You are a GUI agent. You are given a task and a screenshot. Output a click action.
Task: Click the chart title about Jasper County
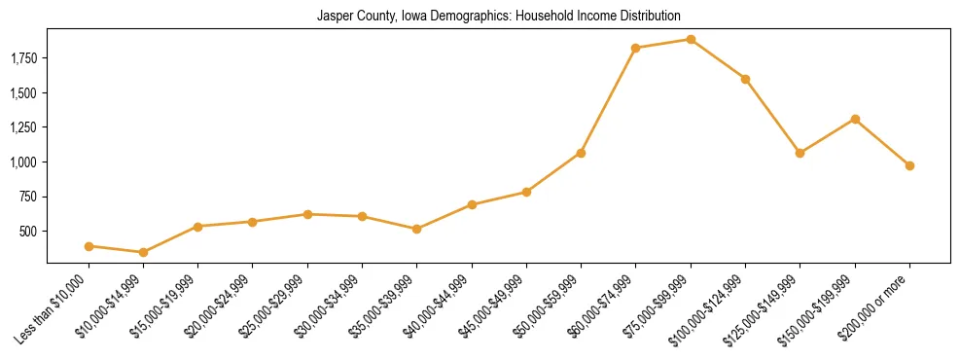(x=498, y=17)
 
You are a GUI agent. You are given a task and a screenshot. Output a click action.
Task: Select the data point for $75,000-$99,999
(x=691, y=40)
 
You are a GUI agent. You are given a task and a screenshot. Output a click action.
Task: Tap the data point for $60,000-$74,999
(x=635, y=48)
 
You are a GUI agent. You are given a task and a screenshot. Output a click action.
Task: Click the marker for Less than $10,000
(x=89, y=246)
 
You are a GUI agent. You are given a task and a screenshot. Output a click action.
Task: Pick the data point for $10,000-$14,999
(x=143, y=253)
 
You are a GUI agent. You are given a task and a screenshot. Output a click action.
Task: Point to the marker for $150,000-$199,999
(x=855, y=119)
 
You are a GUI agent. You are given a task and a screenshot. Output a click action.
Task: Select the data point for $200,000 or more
(x=909, y=165)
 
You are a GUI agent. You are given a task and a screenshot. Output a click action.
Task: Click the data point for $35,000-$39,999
(x=416, y=229)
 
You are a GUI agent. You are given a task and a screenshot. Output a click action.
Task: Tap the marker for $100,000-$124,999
(x=745, y=79)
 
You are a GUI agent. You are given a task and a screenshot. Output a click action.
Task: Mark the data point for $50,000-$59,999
(x=581, y=153)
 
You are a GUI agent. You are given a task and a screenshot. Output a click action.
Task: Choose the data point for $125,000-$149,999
(x=800, y=153)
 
